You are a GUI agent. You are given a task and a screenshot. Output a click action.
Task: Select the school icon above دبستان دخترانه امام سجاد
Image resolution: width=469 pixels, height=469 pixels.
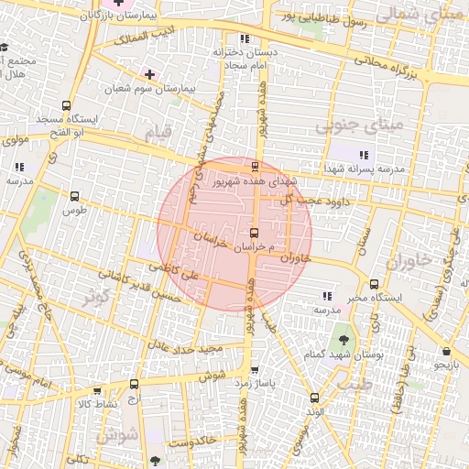point(244,38)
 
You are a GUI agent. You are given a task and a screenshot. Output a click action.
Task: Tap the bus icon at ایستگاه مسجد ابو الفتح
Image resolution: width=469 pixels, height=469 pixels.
point(65,106)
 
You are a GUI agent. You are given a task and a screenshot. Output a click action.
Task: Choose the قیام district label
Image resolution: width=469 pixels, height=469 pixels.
point(158,133)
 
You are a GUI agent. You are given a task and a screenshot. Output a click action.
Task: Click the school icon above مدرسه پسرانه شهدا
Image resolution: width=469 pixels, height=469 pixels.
point(365,155)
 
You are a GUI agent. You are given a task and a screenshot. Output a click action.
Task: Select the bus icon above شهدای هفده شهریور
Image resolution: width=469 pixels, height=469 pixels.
point(255,167)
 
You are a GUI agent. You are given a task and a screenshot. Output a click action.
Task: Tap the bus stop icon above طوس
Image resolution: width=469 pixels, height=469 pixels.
point(74,195)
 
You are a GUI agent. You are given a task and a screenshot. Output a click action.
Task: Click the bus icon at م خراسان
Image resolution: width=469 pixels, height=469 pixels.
point(255,232)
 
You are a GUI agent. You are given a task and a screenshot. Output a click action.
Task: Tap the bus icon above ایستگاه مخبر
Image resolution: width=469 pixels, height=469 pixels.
point(374,284)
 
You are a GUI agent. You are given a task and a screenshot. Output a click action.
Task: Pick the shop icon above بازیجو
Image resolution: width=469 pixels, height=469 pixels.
point(445,351)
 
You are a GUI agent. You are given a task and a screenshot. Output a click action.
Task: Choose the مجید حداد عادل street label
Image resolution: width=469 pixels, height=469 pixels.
point(188,349)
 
